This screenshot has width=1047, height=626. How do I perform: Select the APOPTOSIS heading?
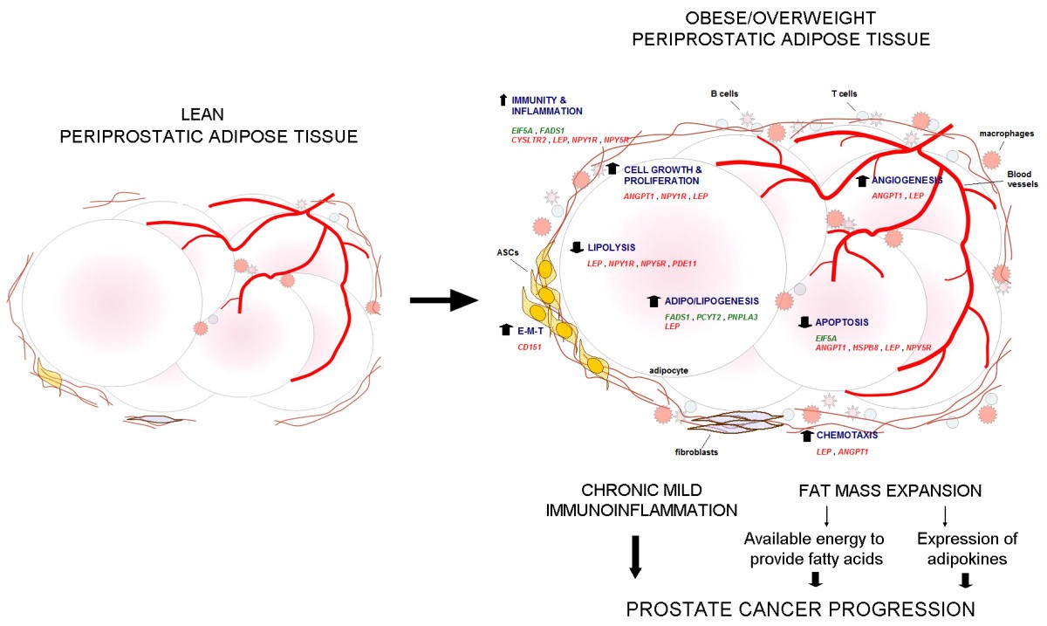tap(844, 322)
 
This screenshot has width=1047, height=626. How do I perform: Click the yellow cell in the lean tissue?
tap(49, 376)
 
